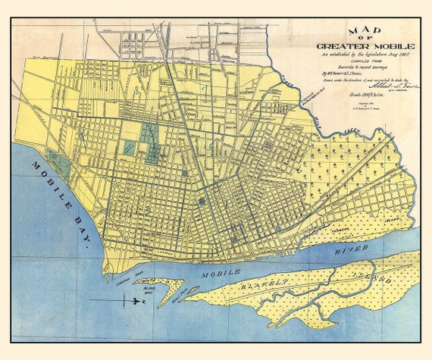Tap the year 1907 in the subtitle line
coord(394,54)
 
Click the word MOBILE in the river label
coord(221,271)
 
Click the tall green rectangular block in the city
coord(149,136)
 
